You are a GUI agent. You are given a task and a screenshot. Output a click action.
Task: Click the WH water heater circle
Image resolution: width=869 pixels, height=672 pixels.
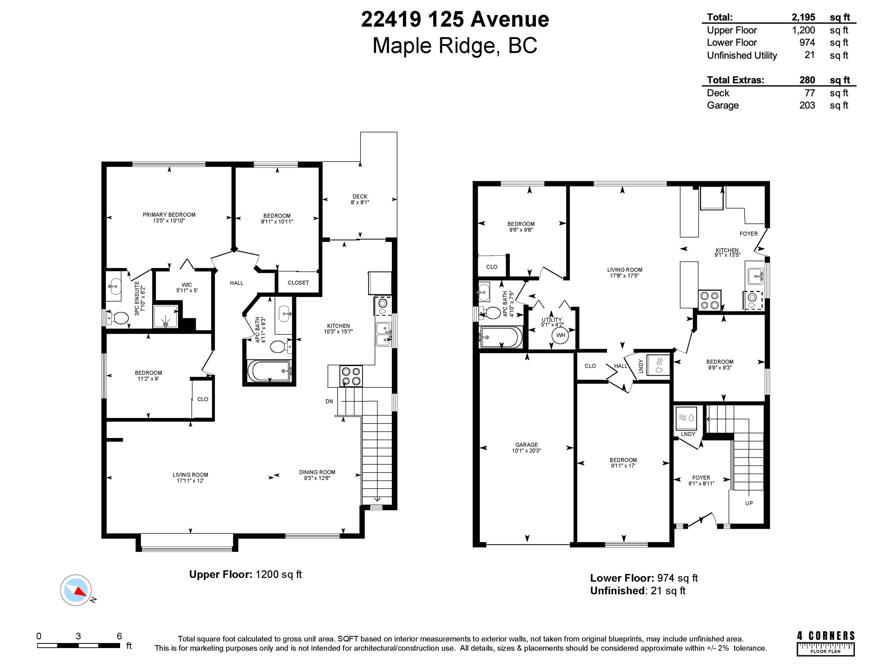(560, 335)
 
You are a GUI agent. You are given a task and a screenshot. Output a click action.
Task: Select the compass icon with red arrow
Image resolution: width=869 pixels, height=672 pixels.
(76, 590)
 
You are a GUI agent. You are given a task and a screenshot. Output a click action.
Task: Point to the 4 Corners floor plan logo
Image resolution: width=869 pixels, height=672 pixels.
(826, 643)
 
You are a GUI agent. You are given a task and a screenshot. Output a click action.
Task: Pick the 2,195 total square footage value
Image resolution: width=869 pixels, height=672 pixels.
(803, 17)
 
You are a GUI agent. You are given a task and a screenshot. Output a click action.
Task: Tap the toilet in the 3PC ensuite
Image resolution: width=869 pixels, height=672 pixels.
(118, 318)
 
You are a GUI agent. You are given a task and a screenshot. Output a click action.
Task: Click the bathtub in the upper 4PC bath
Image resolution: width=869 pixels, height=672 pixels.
(269, 371)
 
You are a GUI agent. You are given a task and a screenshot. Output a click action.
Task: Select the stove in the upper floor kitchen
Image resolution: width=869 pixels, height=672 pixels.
(351, 376)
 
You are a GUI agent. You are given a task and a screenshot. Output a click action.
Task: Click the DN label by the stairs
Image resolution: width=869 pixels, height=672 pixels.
(329, 401)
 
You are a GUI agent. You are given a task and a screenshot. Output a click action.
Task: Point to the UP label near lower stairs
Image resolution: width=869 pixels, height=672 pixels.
(749, 503)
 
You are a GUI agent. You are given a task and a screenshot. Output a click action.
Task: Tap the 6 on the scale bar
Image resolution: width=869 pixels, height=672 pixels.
(119, 636)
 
